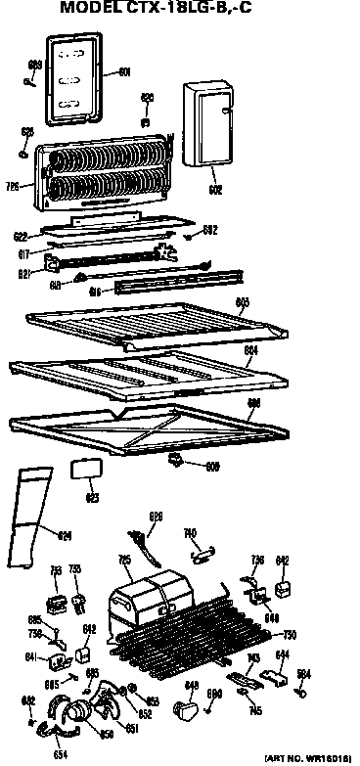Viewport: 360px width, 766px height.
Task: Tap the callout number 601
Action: tap(123, 71)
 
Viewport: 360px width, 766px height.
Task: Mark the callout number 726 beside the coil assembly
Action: tap(13, 185)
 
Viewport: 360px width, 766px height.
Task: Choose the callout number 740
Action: tap(190, 534)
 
